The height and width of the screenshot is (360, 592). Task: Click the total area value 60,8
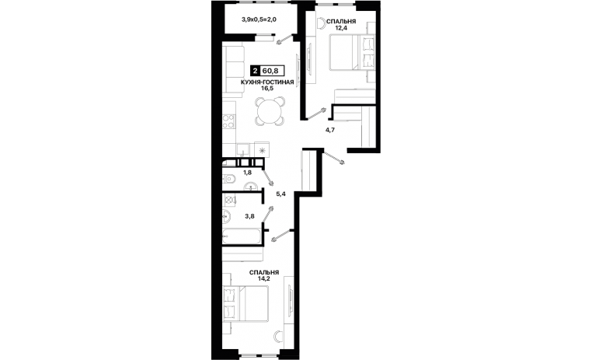click(x=270, y=71)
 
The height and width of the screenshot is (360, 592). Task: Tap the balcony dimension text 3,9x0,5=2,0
click(x=259, y=19)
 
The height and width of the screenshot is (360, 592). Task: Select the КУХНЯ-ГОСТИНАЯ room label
click(x=267, y=82)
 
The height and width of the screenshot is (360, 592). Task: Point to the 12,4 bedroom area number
click(x=340, y=27)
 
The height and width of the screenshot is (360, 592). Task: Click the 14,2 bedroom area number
click(x=264, y=279)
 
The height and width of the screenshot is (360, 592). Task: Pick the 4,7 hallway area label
click(x=330, y=130)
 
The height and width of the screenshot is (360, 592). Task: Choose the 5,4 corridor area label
click(x=281, y=194)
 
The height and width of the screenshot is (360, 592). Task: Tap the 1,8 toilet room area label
click(x=247, y=173)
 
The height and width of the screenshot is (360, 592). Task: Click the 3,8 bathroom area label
click(x=249, y=216)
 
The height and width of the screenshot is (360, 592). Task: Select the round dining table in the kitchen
click(x=270, y=111)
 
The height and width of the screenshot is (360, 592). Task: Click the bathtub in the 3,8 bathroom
click(x=242, y=236)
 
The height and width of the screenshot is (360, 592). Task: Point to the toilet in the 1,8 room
click(x=229, y=179)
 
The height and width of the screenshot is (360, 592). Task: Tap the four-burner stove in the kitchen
click(x=228, y=121)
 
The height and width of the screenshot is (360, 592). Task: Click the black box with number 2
click(x=256, y=71)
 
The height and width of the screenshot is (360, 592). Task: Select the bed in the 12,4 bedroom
click(x=352, y=53)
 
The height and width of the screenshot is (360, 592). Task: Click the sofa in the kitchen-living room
click(x=232, y=69)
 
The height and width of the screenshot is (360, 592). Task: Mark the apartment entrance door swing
click(x=334, y=157)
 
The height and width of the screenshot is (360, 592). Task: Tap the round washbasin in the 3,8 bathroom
click(x=227, y=216)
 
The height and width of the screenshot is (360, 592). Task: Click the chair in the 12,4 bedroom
click(x=321, y=23)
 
